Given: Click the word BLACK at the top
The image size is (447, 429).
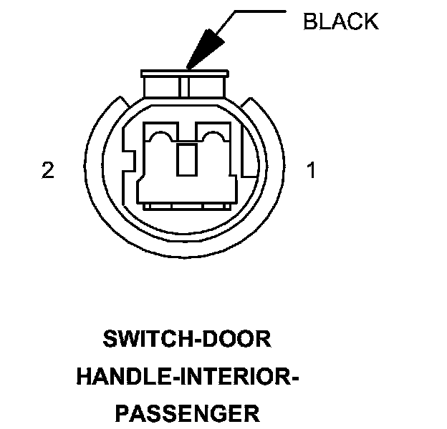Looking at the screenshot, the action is coord(340,21).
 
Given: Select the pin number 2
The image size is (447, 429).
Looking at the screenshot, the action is coord(48,172).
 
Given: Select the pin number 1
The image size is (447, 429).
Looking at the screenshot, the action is coord(310,172).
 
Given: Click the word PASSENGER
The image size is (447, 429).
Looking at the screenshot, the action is coord(187,413).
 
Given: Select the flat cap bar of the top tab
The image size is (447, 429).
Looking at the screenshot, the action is coord(186,73).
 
